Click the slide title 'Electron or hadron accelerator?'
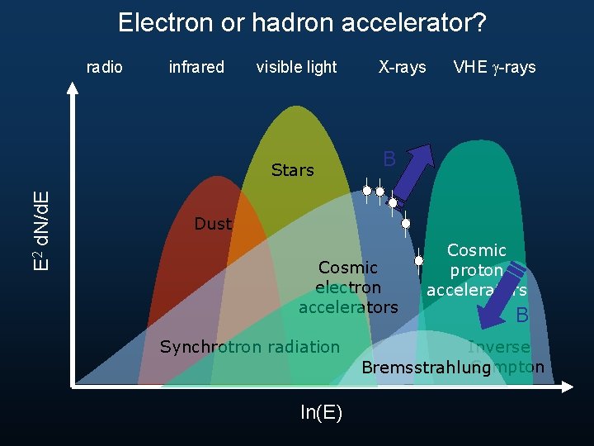click(x=302, y=22)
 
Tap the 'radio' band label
click(x=105, y=67)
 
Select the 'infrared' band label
click(x=196, y=67)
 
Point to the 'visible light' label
click(x=296, y=67)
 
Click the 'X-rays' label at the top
click(x=402, y=67)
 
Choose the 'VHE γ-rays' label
click(x=494, y=67)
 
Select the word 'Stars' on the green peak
click(x=293, y=171)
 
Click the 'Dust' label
click(x=213, y=224)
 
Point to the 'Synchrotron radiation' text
click(x=249, y=347)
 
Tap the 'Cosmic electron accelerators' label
click(x=348, y=287)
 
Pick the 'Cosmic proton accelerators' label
click(x=476, y=270)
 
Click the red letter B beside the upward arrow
click(x=389, y=159)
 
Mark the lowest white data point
click(x=419, y=261)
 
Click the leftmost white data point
click(x=367, y=191)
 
